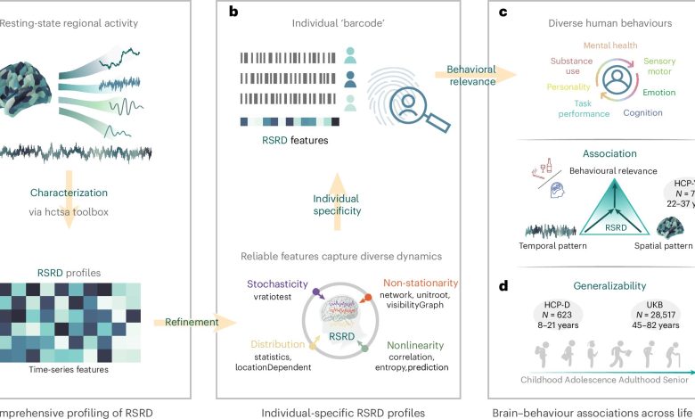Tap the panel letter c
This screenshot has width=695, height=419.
[503, 13]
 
